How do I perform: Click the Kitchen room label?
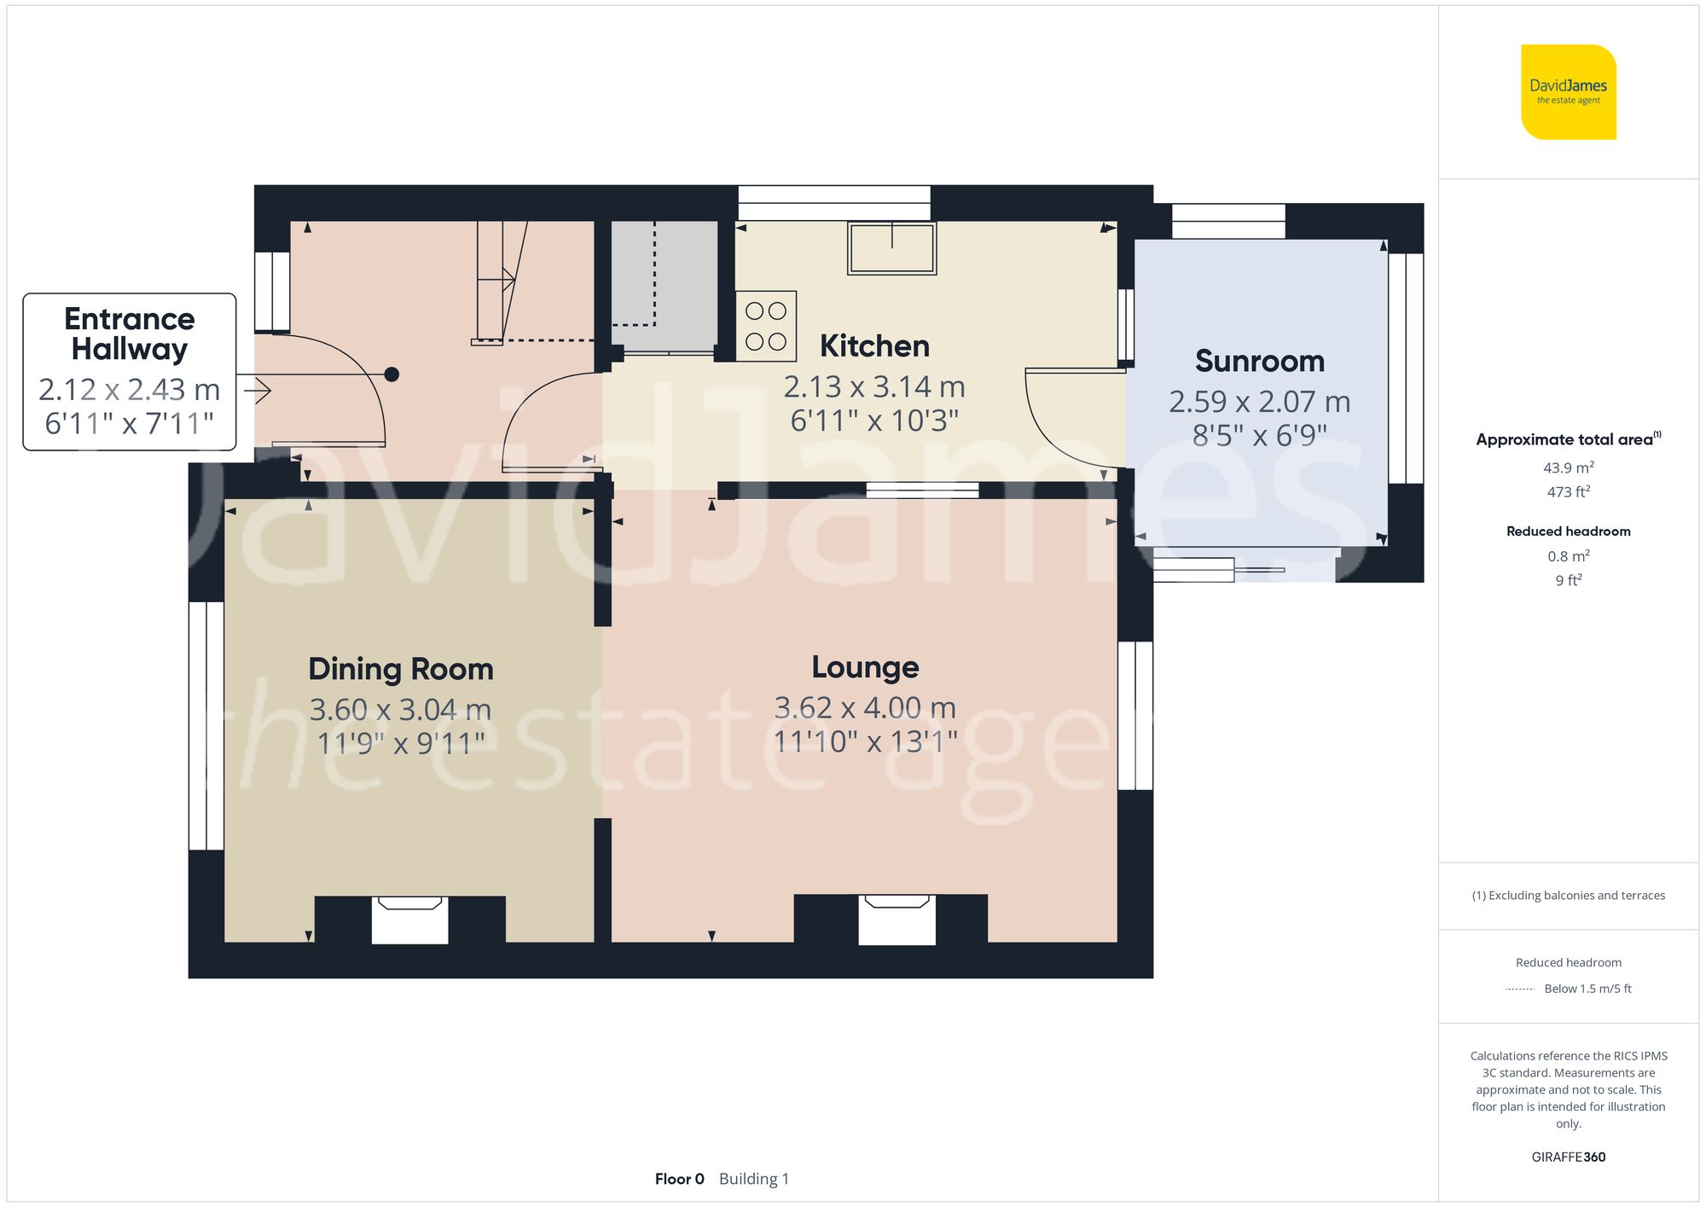pyautogui.click(x=874, y=346)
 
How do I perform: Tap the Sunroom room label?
pyautogui.click(x=1259, y=361)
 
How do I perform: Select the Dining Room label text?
pyautogui.click(x=401, y=670)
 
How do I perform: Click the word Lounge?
pyautogui.click(x=865, y=667)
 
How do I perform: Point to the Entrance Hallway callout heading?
pyautogui.click(x=130, y=334)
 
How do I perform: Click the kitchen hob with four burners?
pyautogui.click(x=766, y=326)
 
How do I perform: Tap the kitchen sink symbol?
pyautogui.click(x=891, y=248)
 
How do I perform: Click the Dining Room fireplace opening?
pyautogui.click(x=409, y=921)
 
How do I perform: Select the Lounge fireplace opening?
pyautogui.click(x=897, y=920)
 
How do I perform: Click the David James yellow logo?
pyautogui.click(x=1568, y=92)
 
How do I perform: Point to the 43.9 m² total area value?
pyautogui.click(x=1568, y=467)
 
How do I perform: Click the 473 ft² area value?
pyautogui.click(x=1568, y=492)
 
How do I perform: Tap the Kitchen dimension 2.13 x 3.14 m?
pyautogui.click(x=874, y=387)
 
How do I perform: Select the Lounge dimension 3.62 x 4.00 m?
pyautogui.click(x=865, y=708)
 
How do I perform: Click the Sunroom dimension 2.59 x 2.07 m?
pyautogui.click(x=1259, y=402)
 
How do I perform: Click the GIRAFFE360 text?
pyautogui.click(x=1568, y=1158)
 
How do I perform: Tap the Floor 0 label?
pyautogui.click(x=679, y=1179)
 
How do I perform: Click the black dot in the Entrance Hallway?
pyautogui.click(x=392, y=374)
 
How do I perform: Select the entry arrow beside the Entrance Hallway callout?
pyautogui.click(x=258, y=392)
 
